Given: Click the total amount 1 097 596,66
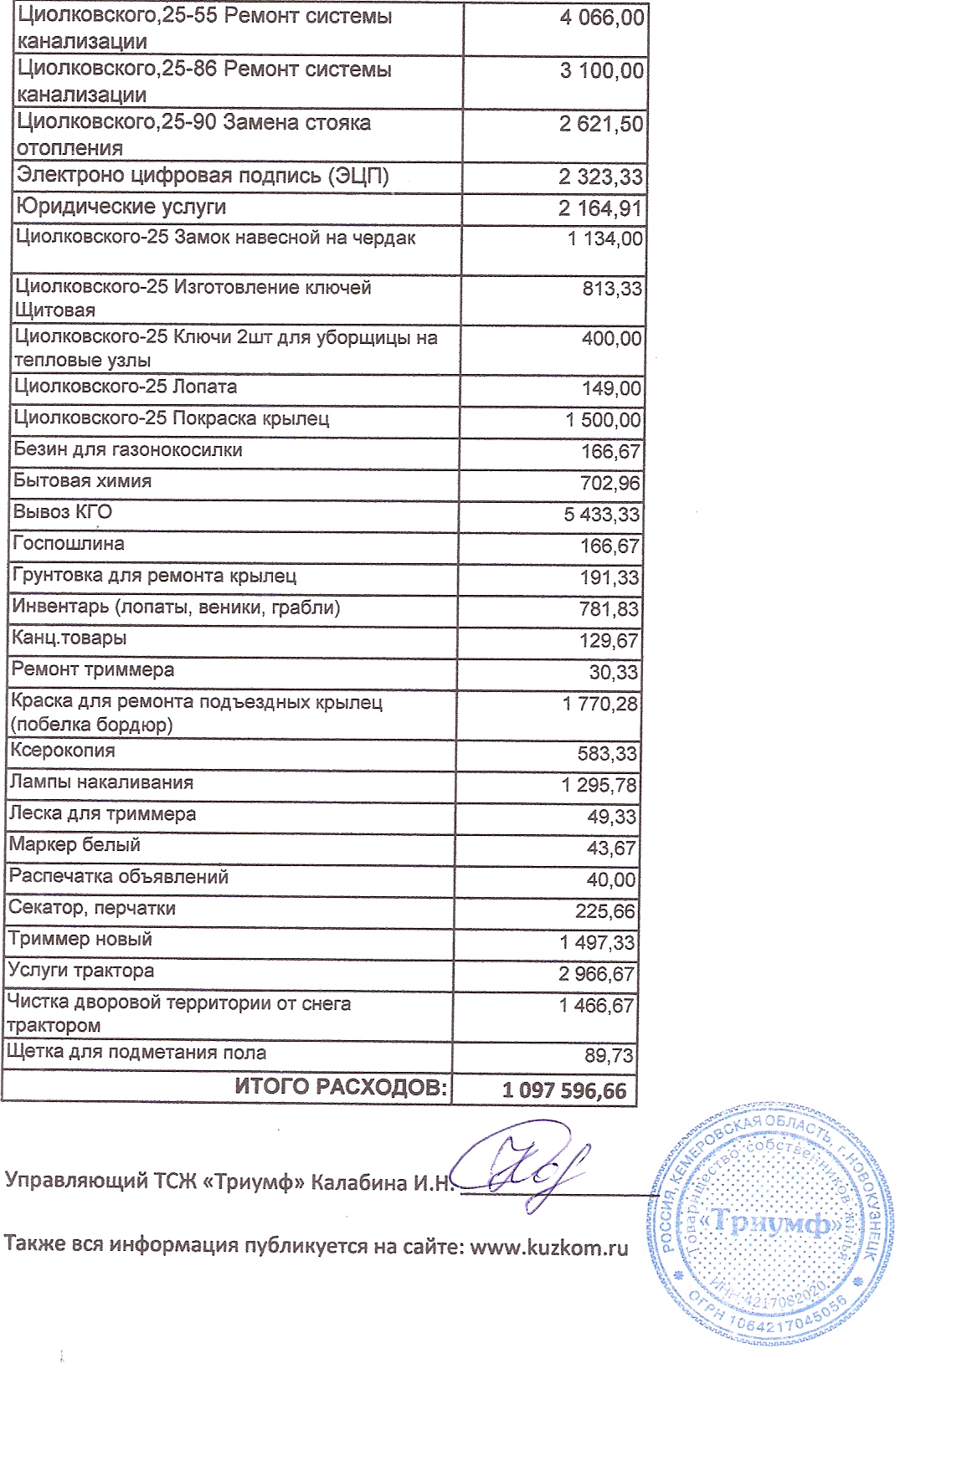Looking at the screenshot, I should (x=563, y=1090).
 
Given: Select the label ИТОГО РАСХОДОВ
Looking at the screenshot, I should (x=341, y=1087).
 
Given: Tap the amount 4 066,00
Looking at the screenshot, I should (x=602, y=18).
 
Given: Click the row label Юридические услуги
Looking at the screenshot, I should (x=121, y=207).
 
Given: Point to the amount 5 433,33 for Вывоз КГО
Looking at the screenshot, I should (x=601, y=515).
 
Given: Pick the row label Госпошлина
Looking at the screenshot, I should (x=69, y=544).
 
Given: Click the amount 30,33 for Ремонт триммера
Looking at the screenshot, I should (x=613, y=673).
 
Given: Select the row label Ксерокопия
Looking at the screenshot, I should (x=62, y=751).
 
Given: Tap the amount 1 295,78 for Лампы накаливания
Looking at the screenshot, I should (x=599, y=786).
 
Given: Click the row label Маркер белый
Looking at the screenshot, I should (x=75, y=845).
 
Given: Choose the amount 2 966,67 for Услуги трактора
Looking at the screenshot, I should (x=597, y=975).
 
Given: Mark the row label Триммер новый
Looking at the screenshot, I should (x=80, y=940).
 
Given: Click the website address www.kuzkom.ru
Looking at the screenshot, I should (x=548, y=1247).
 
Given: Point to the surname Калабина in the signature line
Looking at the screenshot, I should (x=359, y=1182).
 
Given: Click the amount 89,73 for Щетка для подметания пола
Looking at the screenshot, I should (x=609, y=1056).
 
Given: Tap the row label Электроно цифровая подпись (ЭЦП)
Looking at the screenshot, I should (x=203, y=176).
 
